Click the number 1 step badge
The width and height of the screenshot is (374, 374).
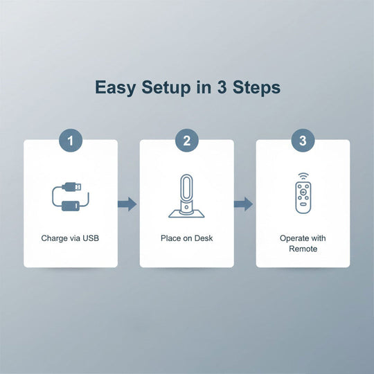(71, 141)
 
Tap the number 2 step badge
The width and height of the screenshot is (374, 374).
(187, 141)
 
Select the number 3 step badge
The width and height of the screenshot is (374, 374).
(303, 141)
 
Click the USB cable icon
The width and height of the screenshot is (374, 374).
(71, 197)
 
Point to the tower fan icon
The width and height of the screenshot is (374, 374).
(186, 196)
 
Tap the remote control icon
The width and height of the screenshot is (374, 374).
(303, 194)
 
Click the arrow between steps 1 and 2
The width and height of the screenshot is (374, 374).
(127, 204)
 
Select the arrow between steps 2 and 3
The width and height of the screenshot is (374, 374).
(243, 204)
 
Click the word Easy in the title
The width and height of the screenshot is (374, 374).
(115, 88)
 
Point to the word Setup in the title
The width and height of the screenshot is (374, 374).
(166, 88)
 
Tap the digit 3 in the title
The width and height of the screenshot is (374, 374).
(222, 87)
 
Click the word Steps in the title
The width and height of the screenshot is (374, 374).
(256, 88)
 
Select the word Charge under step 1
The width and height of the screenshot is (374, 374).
(54, 238)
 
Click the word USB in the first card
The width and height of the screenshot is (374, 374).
(91, 238)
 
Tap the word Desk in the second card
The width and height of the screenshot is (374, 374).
(204, 238)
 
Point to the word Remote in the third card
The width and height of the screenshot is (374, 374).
(303, 249)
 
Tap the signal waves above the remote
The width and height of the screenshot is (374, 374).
(303, 177)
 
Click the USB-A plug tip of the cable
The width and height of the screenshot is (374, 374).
(78, 186)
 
